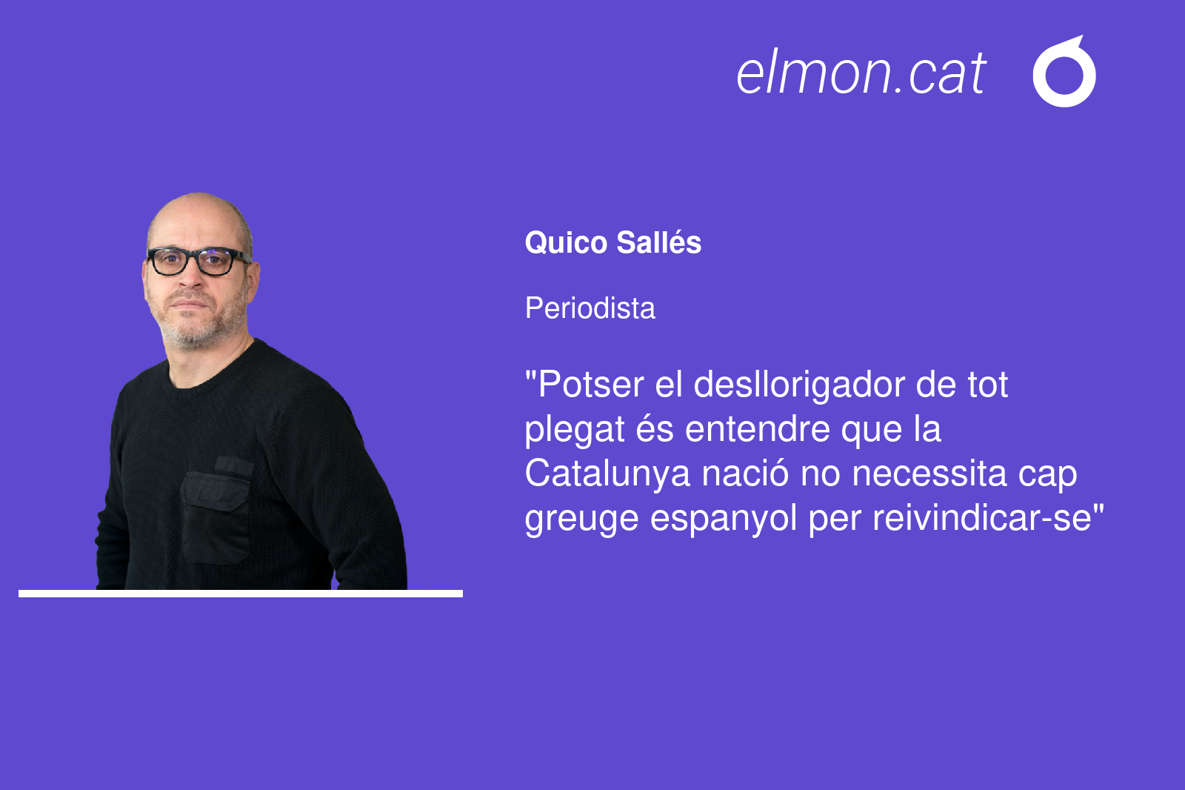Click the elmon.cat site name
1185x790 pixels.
[861, 73]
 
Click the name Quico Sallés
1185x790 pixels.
[612, 242]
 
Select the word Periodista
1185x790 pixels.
[590, 308]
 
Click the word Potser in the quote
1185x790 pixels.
[590, 384]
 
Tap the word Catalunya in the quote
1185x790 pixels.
[607, 474]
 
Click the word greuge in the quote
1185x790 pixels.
[581, 519]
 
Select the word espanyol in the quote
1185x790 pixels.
[723, 519]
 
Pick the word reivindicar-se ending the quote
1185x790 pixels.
[982, 518]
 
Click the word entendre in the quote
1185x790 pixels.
[757, 429]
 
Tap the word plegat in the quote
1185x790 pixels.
[575, 430]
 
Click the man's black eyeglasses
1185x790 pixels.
[198, 261]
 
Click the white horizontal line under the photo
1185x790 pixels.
[241, 594]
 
